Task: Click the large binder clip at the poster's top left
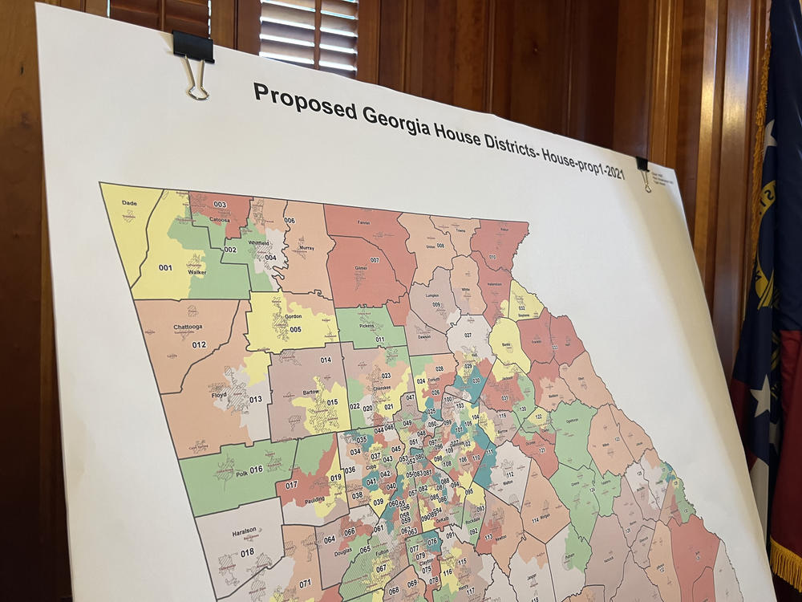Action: (194, 60)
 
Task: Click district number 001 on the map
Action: (165, 267)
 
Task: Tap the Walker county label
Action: (196, 273)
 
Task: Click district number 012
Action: (199, 345)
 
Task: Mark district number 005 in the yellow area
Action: (295, 329)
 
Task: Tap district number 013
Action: (255, 399)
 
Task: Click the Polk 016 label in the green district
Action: (245, 470)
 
